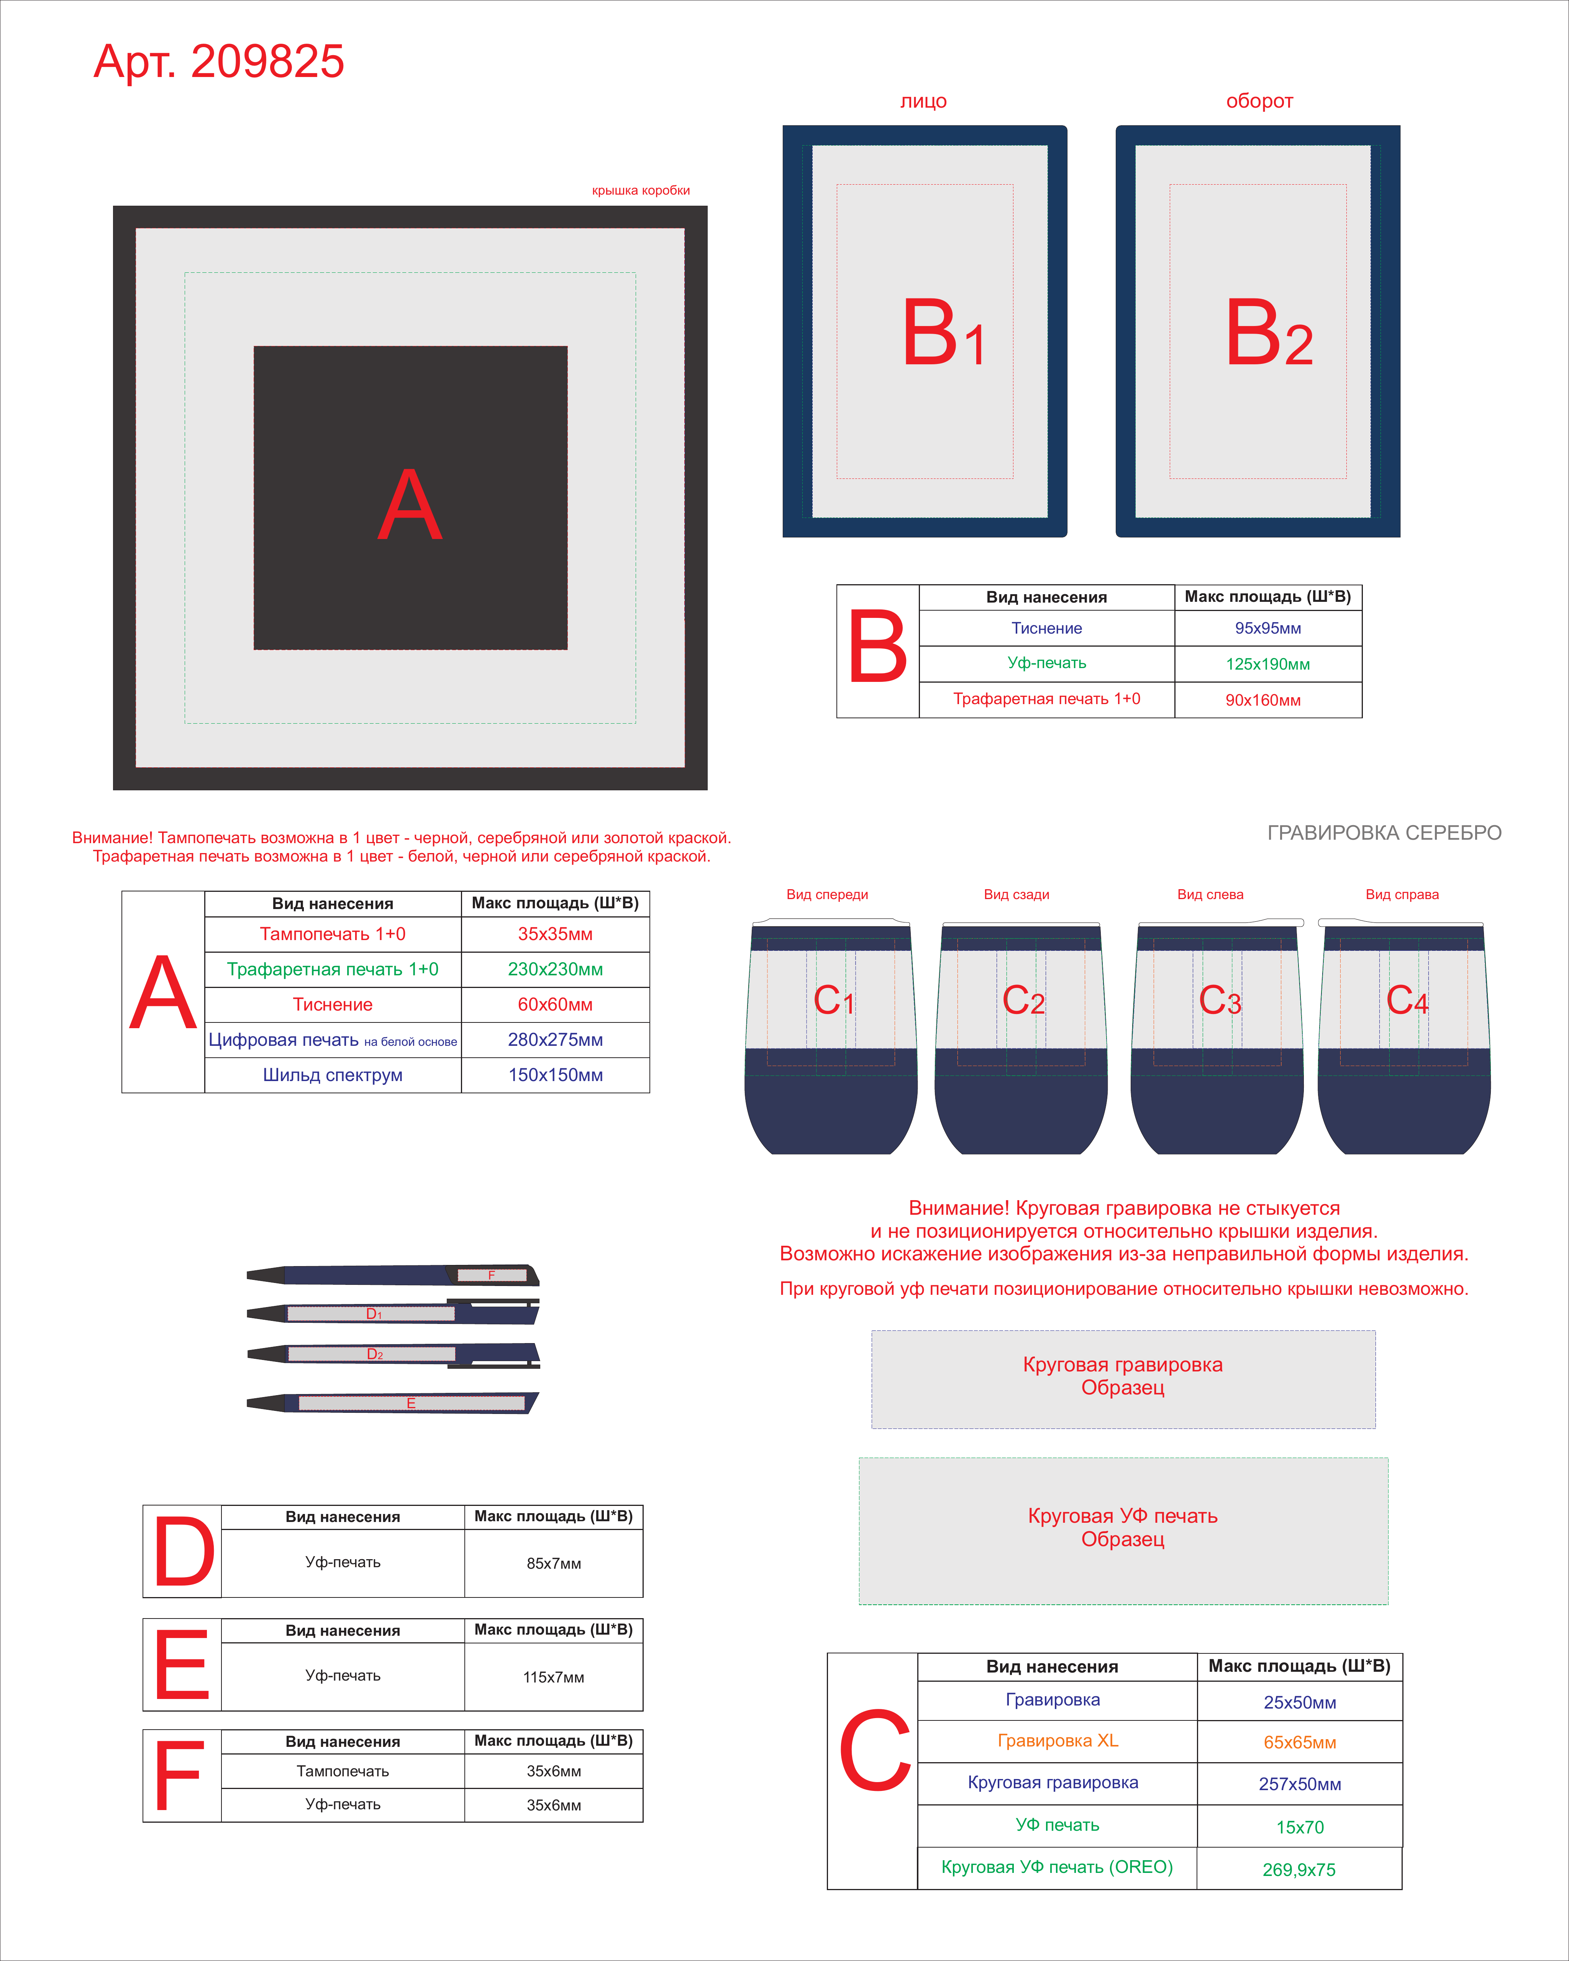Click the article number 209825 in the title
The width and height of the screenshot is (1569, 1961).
267,62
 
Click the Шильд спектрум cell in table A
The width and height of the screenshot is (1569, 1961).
333,1075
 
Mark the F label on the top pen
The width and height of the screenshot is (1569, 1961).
491,1275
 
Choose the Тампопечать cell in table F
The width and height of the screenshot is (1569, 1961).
343,1771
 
